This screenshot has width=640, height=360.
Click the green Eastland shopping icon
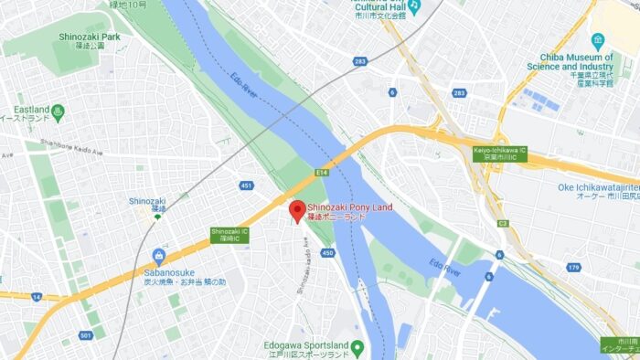(59, 111)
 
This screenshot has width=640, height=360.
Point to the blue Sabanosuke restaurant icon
(159, 255)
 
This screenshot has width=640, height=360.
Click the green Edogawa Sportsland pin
(357, 347)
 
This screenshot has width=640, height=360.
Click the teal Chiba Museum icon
(597, 40)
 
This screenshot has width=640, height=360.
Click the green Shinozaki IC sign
(229, 234)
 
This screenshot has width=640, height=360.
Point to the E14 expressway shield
(322, 171)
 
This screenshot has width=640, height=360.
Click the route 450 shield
(328, 253)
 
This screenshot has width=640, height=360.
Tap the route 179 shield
(573, 268)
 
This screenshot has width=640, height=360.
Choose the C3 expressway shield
(502, 223)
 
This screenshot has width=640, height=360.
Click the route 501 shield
(85, 335)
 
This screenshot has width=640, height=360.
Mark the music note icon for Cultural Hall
(413, 6)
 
